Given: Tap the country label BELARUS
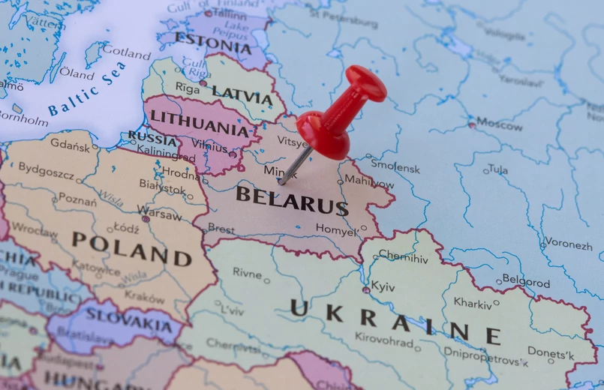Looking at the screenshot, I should pos(292,199).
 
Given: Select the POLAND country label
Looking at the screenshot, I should pos(131,249).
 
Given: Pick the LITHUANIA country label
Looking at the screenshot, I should pos(199,122).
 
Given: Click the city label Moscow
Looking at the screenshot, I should pos(500,124).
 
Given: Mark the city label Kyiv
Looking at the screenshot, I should pos(383,286).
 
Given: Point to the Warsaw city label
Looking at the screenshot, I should pos(159,214).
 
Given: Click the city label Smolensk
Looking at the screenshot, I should pos(395,168).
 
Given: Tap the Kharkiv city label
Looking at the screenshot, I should pos(472,302).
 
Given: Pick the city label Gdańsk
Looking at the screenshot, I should pos(70,145).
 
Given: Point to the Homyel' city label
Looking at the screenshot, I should pos(336,230).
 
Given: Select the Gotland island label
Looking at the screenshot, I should pos(126,52).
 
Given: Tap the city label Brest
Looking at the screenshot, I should pos(221,228).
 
